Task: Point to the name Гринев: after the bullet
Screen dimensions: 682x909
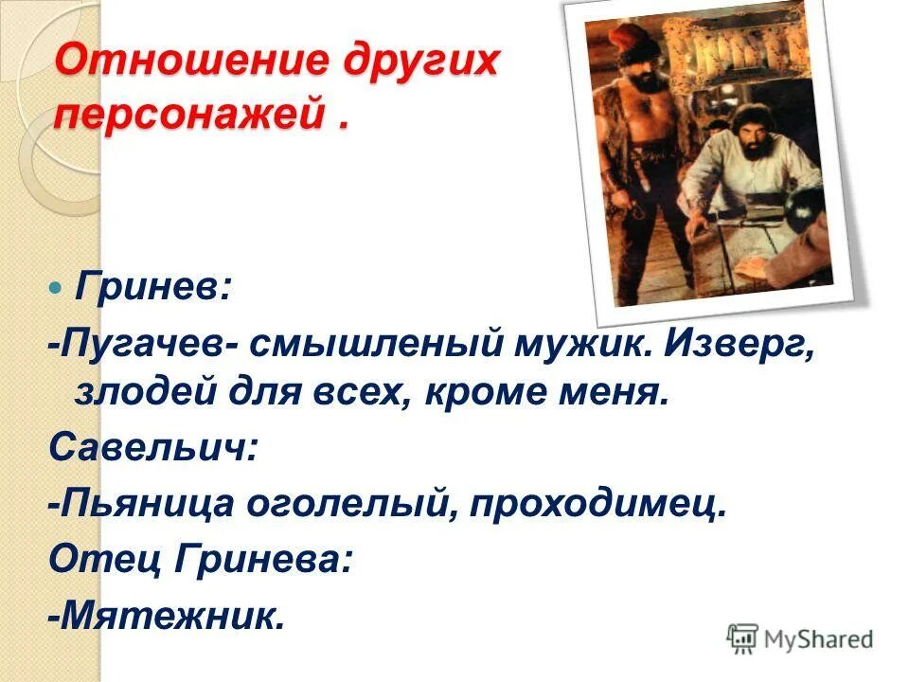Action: tap(151, 286)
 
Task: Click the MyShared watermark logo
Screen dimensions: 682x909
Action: tap(801, 639)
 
